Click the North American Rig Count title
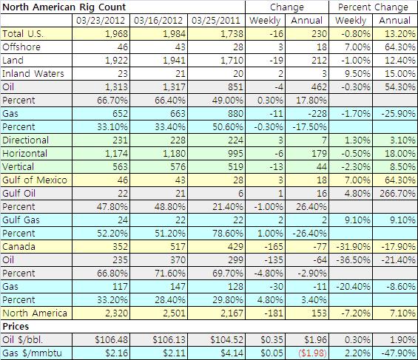(x=64, y=7)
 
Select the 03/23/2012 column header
(x=101, y=21)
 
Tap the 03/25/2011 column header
(x=216, y=21)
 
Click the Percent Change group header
(x=373, y=7)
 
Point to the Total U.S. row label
(x=23, y=34)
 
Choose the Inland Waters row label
(x=33, y=73)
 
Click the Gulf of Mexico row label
(x=35, y=180)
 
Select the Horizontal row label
(x=25, y=153)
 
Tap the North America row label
(x=35, y=313)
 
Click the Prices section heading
(x=16, y=327)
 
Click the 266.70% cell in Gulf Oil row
(x=397, y=194)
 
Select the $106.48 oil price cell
(x=112, y=340)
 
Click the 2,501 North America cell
(x=174, y=313)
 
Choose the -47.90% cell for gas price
(x=398, y=353)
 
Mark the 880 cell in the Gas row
(x=235, y=114)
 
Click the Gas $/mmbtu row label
(x=32, y=353)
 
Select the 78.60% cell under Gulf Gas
(x=228, y=234)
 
